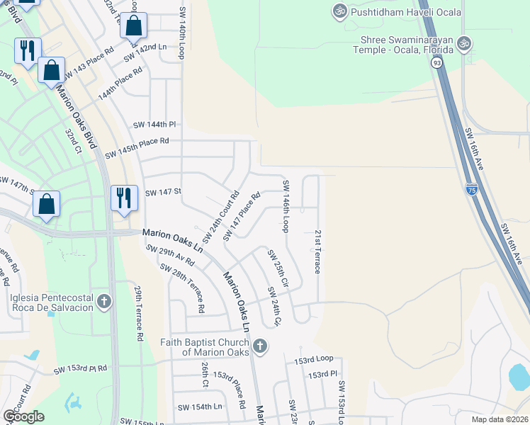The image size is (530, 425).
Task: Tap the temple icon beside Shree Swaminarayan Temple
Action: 465,43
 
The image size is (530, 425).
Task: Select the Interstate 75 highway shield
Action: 472,189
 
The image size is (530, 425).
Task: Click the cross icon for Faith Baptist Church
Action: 260,346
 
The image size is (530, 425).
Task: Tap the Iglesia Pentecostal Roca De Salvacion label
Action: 52,302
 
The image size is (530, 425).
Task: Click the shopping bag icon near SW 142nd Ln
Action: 133,26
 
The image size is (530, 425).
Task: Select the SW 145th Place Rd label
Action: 137,152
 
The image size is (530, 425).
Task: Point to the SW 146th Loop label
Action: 286,206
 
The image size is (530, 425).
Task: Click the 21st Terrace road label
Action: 318,251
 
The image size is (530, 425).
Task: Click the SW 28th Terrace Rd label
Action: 183,288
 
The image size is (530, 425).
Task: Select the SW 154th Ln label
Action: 200,407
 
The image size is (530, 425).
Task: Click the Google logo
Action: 23,416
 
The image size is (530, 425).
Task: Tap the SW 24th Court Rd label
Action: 222,214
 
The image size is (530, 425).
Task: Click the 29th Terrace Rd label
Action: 139,312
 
